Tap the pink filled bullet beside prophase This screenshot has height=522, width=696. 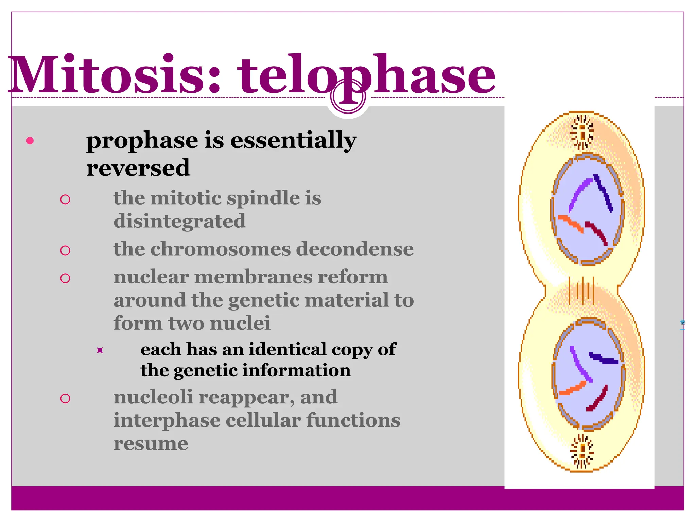click(x=30, y=141)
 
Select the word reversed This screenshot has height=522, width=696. click(x=138, y=168)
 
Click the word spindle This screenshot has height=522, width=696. click(x=263, y=198)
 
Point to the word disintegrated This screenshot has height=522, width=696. click(x=179, y=221)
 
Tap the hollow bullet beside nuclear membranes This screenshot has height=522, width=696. click(x=65, y=278)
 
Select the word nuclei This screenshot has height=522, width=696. click(x=240, y=323)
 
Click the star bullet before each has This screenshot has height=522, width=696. click(x=100, y=350)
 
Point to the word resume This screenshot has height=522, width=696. click(x=151, y=443)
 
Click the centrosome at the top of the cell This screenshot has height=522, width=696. click(x=582, y=132)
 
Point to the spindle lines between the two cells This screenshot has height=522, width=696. click(x=581, y=291)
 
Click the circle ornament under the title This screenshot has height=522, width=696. click(x=348, y=97)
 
